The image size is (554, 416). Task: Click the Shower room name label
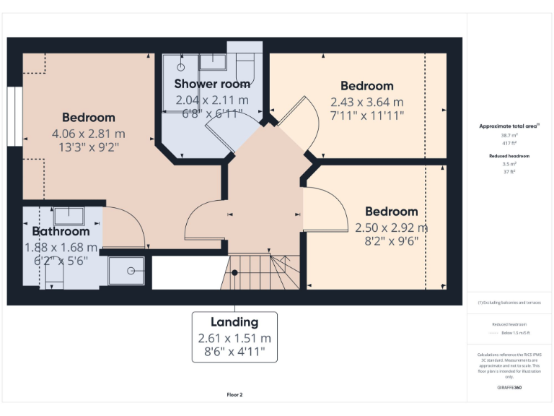tap(212, 84)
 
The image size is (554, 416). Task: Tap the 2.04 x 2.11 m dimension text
tap(212, 100)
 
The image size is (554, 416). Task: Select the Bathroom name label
tap(61, 232)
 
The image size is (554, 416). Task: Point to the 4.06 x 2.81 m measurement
tap(88, 134)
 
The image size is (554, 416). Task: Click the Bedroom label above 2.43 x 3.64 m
tap(366, 86)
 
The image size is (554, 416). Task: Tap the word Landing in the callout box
tap(234, 322)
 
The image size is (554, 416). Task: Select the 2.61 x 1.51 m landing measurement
tap(234, 338)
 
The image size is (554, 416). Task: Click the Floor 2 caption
tap(234, 395)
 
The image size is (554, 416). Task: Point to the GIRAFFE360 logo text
tap(509, 388)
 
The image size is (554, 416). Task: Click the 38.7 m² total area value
tap(509, 135)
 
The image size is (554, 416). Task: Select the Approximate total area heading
tap(509, 126)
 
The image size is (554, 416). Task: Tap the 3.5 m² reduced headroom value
tap(509, 164)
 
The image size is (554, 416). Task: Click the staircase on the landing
tap(260, 272)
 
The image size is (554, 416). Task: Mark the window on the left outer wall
tap(14, 117)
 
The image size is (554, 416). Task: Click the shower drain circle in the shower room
tap(180, 66)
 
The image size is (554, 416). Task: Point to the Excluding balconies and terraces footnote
tap(509, 303)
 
